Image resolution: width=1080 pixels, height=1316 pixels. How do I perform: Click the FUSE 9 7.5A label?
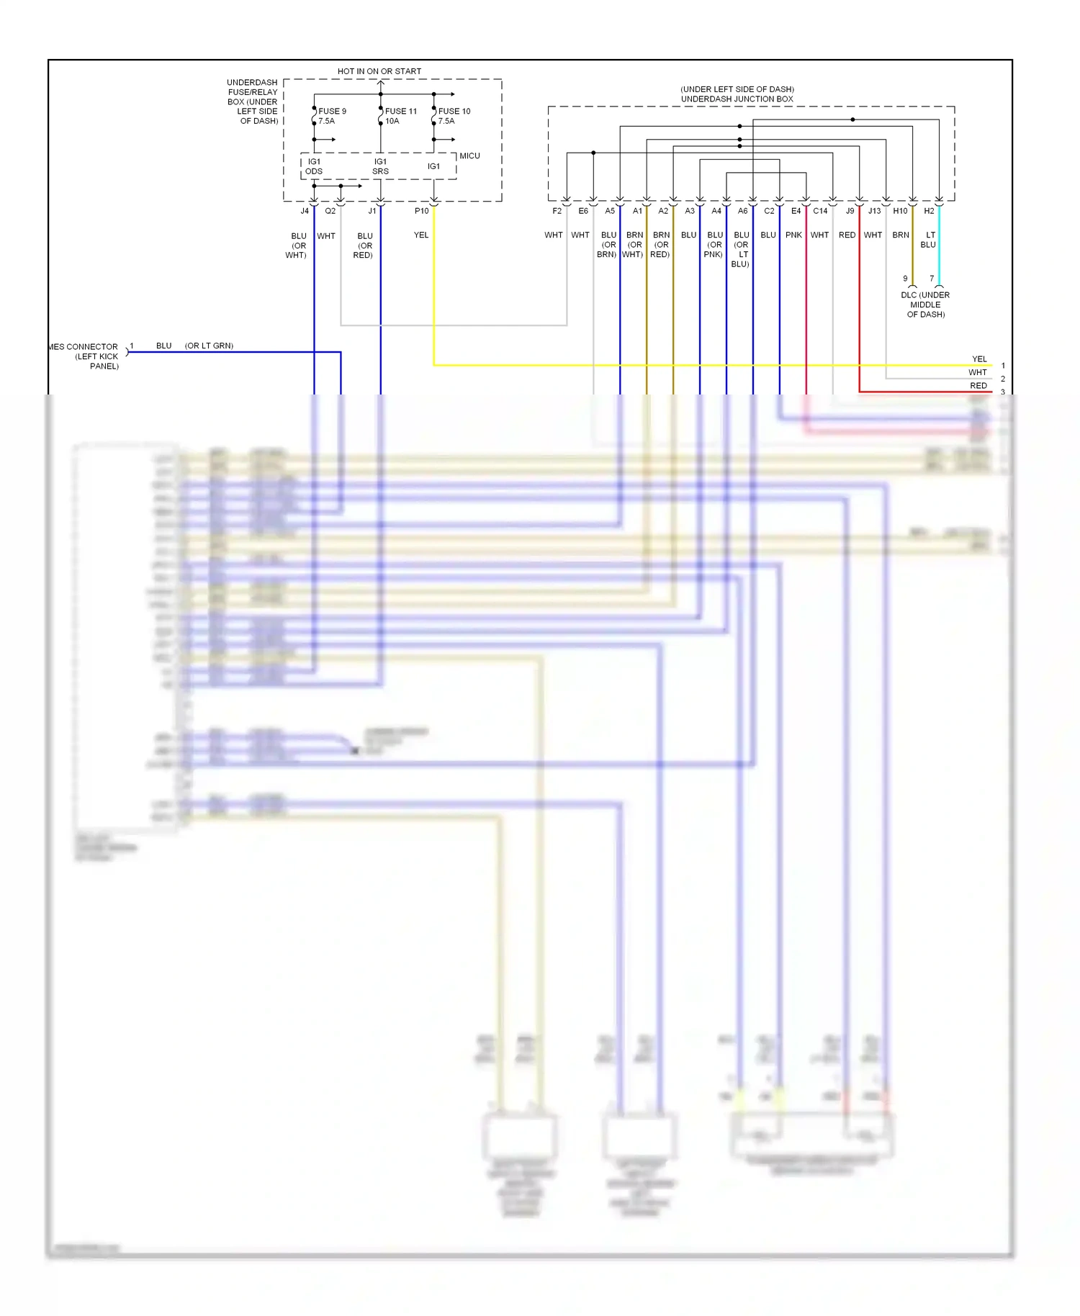331,116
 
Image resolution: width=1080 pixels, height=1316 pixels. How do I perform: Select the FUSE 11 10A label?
400,116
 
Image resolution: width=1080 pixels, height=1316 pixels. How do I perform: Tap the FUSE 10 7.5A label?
454,116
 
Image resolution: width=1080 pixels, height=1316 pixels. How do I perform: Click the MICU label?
469,156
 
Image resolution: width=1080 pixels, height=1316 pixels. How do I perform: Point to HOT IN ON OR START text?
379,71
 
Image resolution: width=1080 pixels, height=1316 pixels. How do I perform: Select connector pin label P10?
421,211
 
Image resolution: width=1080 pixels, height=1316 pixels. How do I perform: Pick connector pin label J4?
305,211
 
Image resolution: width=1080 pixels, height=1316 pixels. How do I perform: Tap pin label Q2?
330,211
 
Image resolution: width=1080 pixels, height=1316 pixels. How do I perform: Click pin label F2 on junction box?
557,211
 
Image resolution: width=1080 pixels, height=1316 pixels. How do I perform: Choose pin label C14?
820,211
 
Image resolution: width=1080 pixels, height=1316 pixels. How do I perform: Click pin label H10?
900,211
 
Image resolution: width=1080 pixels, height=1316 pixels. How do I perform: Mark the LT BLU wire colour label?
929,240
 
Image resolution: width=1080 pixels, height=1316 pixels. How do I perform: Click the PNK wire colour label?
793,235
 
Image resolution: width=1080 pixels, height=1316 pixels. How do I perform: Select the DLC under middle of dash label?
925,305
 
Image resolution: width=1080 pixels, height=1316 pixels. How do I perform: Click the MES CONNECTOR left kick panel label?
85,356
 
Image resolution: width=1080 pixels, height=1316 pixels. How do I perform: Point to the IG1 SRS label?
380,166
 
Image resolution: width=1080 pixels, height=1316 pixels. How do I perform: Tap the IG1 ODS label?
314,166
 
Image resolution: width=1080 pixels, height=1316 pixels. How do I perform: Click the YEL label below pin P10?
421,235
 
